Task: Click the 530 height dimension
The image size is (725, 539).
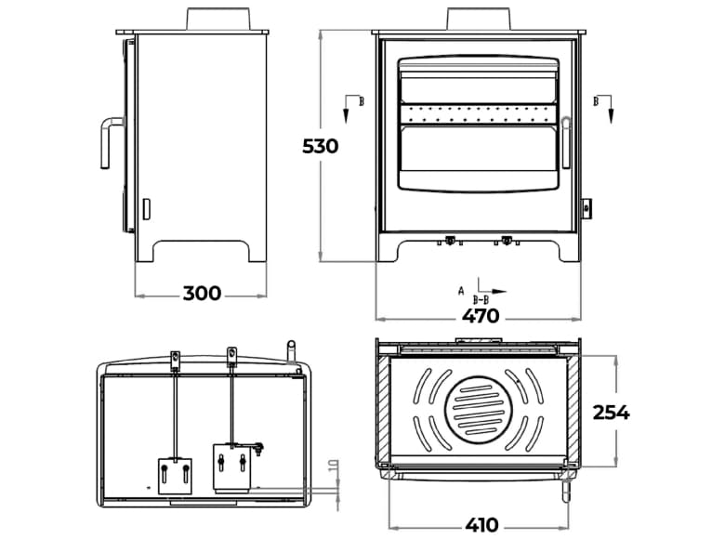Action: pyautogui.click(x=320, y=146)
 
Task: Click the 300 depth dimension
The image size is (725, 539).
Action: pyautogui.click(x=202, y=294)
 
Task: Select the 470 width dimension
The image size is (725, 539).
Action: pyautogui.click(x=481, y=316)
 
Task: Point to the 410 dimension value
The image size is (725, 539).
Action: pyautogui.click(x=481, y=524)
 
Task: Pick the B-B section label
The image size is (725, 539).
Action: pyautogui.click(x=481, y=300)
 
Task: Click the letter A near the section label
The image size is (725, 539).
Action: pyautogui.click(x=461, y=290)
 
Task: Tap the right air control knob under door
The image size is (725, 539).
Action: pyautogui.click(x=507, y=241)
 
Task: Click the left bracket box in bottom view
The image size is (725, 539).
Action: pyautogui.click(x=174, y=475)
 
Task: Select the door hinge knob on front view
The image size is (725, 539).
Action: pyautogui.click(x=587, y=207)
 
